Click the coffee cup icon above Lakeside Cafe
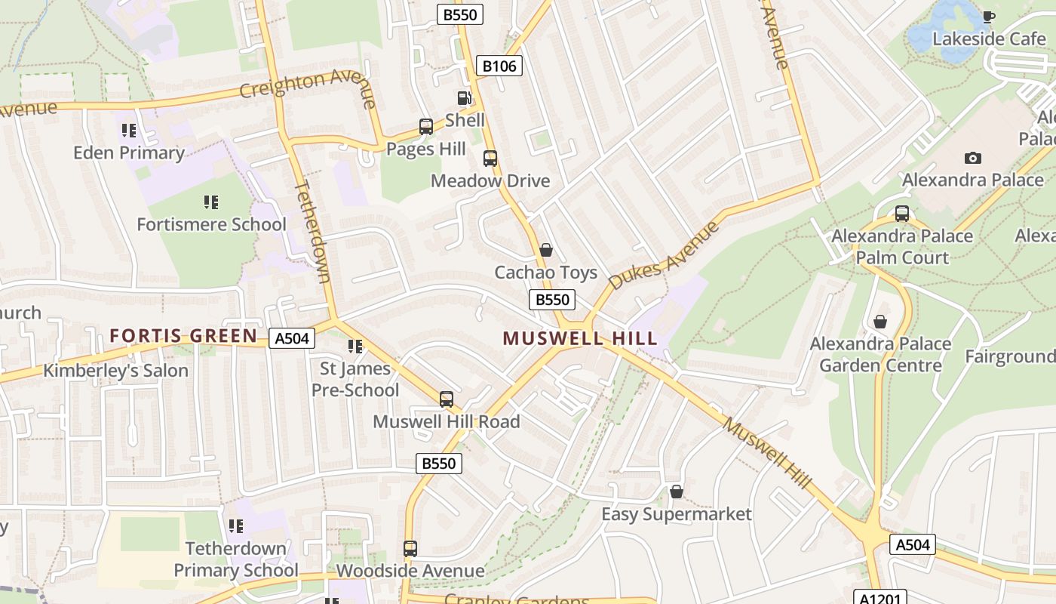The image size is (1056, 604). tap(988, 17)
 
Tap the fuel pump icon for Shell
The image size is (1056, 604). tap(464, 98)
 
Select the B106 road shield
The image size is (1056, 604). tap(499, 66)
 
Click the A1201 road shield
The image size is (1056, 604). tap(879, 597)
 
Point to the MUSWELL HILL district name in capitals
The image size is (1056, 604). tap(580, 338)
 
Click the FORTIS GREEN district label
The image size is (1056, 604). tap(183, 336)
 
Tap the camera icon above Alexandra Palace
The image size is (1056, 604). tap(973, 158)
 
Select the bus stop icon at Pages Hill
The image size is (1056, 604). tap(426, 127)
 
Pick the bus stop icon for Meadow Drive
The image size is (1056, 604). tap(490, 159)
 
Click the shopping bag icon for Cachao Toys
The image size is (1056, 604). tap(546, 250)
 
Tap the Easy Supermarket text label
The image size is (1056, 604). tap(676, 514)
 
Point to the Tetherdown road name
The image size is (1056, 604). tap(312, 231)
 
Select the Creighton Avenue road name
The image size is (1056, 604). tap(308, 85)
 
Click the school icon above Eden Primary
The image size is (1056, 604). tap(129, 131)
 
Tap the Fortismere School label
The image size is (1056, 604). tap(211, 224)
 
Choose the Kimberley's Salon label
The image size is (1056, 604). tap(115, 371)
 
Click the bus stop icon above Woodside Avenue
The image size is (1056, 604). tap(410, 548)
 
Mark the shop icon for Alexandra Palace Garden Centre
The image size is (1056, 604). tap(879, 322)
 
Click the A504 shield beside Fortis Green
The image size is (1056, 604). tap(292, 339)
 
